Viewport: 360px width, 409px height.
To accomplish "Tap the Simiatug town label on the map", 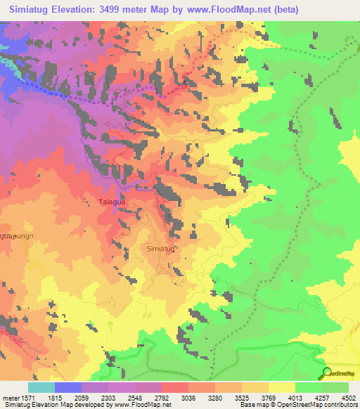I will tap(160, 249).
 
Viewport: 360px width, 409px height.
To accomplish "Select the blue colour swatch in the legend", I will tap(68, 387).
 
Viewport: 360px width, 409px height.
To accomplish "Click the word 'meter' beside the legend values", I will tap(10, 398).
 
